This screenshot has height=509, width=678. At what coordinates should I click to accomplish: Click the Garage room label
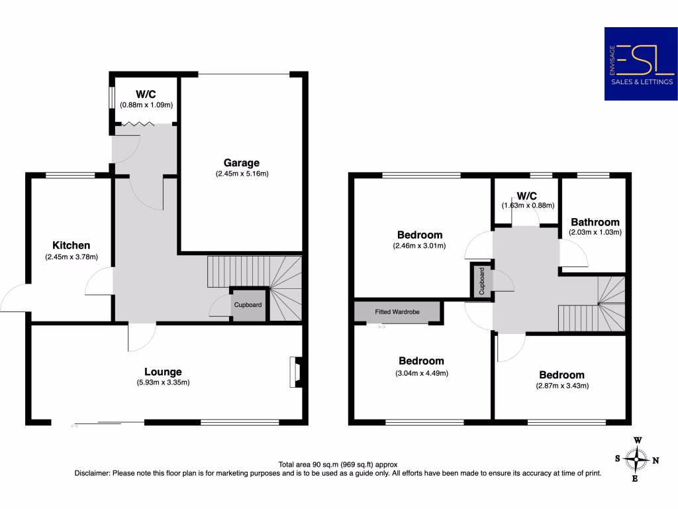tap(241, 162)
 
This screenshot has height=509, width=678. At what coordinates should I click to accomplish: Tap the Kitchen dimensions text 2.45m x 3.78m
tap(71, 256)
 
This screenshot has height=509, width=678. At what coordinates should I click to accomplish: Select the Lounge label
tap(163, 372)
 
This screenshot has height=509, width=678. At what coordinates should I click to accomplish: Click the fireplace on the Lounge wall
tap(295, 372)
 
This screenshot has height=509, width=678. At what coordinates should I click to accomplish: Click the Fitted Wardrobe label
tap(397, 311)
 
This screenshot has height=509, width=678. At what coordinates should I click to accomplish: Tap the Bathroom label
tap(595, 222)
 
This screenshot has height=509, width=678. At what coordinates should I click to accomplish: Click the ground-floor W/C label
tap(146, 93)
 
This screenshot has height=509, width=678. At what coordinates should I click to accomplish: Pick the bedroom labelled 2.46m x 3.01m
tap(419, 235)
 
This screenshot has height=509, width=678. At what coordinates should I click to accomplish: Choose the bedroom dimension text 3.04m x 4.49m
tap(420, 373)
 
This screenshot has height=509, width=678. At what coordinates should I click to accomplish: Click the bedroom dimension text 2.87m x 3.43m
tap(561, 386)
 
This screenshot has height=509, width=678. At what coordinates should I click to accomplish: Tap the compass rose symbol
tap(636, 458)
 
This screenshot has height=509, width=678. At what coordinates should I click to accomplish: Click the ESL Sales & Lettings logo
tap(640, 64)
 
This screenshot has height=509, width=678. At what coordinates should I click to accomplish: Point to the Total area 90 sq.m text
tap(338, 465)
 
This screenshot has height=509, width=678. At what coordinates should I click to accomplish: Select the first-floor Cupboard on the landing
tap(482, 280)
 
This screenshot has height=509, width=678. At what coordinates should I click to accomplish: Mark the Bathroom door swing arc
tap(573, 252)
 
